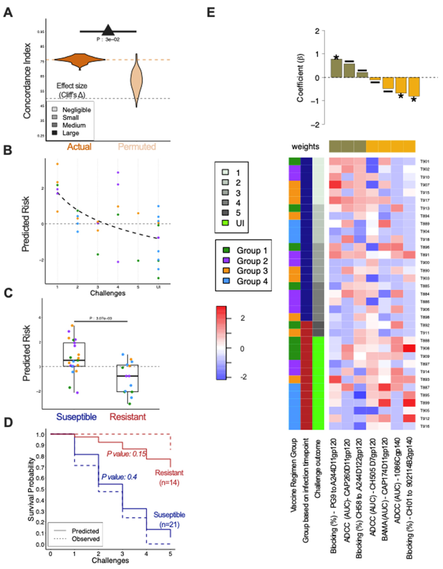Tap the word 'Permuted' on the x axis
137,147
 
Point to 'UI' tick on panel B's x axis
158,287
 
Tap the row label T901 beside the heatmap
425,162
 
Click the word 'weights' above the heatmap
305,147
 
